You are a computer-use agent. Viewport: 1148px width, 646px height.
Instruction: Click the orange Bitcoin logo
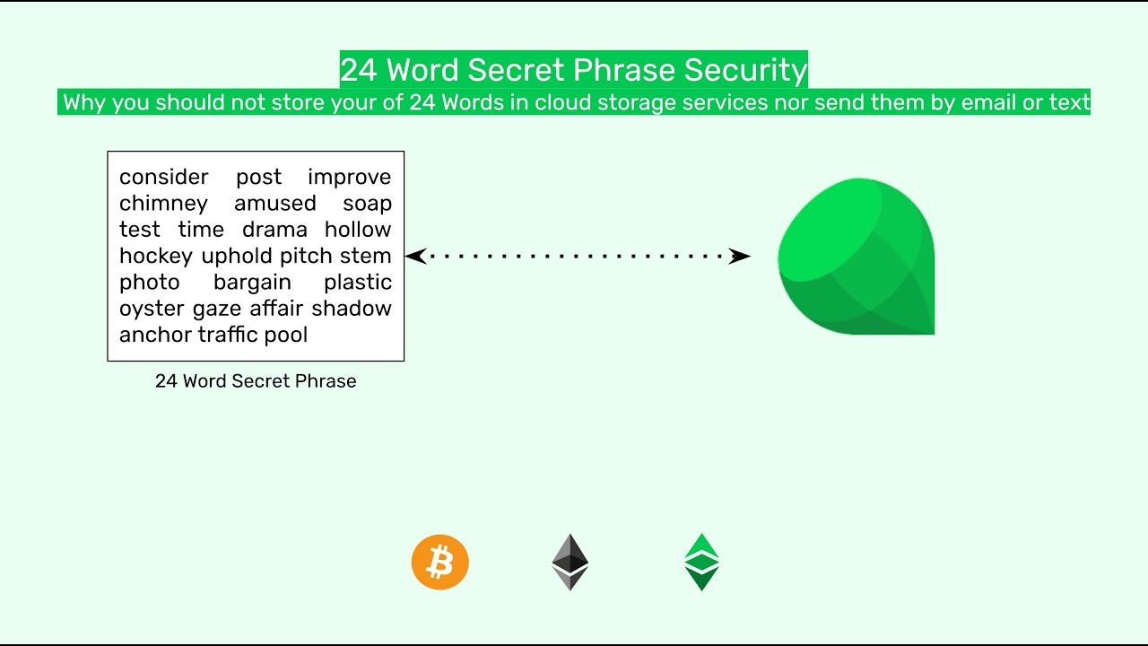pos(439,563)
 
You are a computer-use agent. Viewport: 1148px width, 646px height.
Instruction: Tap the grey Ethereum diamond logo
pos(570,563)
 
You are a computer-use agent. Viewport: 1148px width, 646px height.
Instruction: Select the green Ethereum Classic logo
pos(701,563)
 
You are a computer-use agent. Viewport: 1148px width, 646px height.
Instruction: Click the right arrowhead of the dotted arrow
pos(739,257)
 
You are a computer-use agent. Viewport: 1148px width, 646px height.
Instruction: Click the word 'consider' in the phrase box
pos(163,178)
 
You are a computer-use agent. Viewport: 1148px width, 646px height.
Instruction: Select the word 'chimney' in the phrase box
pos(163,204)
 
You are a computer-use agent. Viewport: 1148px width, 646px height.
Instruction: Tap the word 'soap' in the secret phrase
pos(367,204)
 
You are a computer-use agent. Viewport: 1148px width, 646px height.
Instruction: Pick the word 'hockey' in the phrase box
pos(156,256)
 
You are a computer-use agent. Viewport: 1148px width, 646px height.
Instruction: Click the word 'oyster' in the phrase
pos(152,309)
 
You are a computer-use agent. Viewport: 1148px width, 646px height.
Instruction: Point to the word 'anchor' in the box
pos(155,335)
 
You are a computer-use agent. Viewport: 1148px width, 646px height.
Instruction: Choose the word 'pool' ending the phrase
pos(285,335)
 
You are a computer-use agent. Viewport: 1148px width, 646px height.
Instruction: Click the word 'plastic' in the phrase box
pos(358,283)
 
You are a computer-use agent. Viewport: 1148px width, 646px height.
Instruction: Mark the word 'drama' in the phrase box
pos(274,230)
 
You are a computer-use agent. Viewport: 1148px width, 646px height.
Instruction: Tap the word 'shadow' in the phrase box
pos(352,309)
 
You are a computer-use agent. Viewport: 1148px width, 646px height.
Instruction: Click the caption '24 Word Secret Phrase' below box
pos(256,381)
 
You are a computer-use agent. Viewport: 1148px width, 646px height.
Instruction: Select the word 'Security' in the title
pos(745,70)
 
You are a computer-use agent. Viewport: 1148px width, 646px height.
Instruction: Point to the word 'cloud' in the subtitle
pos(562,102)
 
